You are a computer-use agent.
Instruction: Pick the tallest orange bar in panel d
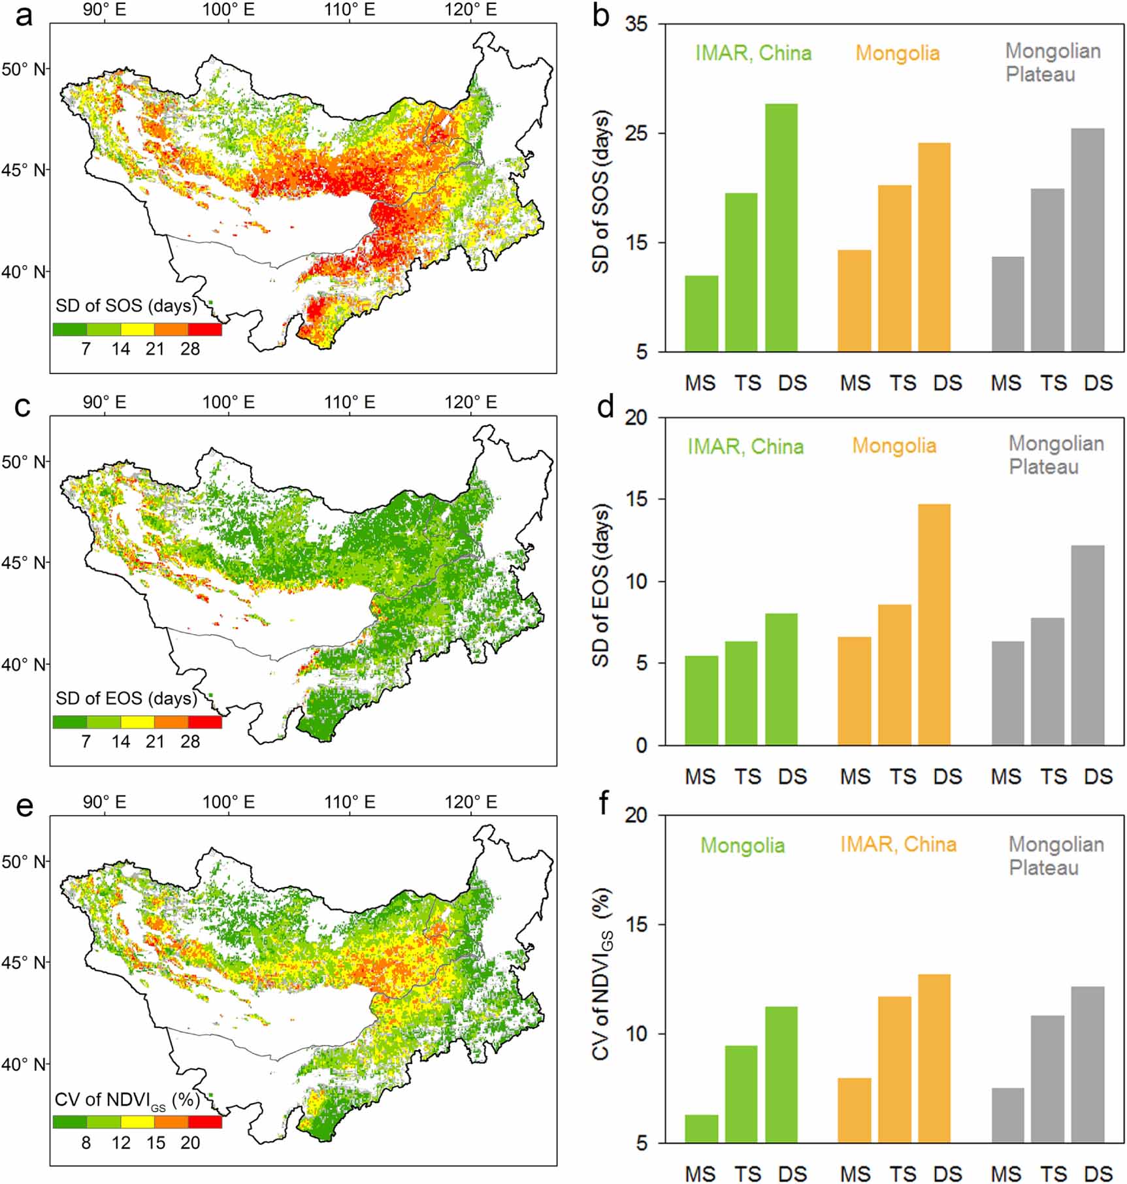pyautogui.click(x=934, y=624)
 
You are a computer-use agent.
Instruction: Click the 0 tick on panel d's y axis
pyautogui.click(x=641, y=745)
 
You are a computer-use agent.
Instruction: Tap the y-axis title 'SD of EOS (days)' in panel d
pyautogui.click(x=600, y=584)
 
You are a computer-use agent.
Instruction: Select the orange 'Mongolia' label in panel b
pyautogui.click(x=898, y=53)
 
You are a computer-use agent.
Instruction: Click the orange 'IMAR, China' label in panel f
pyautogui.click(x=898, y=844)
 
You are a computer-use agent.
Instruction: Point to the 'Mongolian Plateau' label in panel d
pyautogui.click(x=1055, y=455)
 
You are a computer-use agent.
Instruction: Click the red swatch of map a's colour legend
pyautogui.click(x=204, y=329)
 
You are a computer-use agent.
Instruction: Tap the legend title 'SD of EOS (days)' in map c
pyautogui.click(x=126, y=698)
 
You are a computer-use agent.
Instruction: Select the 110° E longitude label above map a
pyautogui.click(x=350, y=10)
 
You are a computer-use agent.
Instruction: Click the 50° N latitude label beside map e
pyautogui.click(x=24, y=861)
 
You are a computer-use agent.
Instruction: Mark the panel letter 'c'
pyautogui.click(x=23, y=407)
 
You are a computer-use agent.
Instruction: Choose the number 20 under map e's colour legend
pyautogui.click(x=190, y=1142)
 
